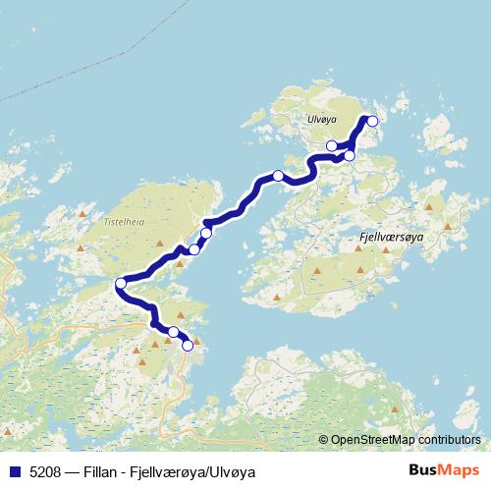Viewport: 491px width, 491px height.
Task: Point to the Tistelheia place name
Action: tap(124, 222)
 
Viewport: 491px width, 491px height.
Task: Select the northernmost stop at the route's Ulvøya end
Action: tap(372, 121)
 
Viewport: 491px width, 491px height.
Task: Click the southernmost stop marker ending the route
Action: tap(188, 345)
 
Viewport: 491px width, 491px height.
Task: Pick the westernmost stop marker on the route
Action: tap(121, 284)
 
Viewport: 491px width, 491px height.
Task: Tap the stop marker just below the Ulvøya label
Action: tap(332, 146)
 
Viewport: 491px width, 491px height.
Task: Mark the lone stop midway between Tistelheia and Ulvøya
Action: tap(278, 176)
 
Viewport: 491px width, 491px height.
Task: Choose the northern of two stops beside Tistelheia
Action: tap(206, 233)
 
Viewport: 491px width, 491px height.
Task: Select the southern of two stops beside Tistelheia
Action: tap(194, 249)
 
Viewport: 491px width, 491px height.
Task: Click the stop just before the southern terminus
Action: tap(173, 332)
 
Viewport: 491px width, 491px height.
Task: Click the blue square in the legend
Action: tap(14, 471)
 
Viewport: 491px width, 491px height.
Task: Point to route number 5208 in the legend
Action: tap(44, 471)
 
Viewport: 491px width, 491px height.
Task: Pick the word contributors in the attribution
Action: tap(448, 441)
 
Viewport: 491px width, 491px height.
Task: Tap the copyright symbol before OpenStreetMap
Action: tap(323, 441)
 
